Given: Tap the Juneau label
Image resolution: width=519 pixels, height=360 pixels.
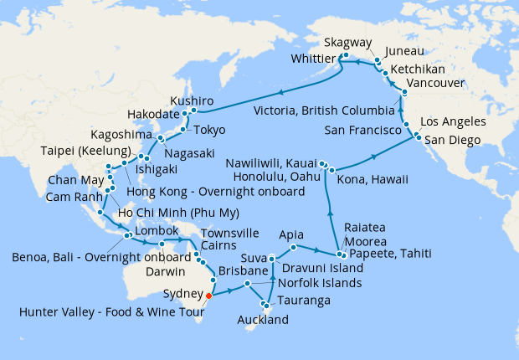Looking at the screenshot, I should [404, 51].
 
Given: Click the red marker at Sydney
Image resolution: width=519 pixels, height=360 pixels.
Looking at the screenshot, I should [208, 295].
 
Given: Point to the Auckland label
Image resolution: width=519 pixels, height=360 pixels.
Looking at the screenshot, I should [262, 320].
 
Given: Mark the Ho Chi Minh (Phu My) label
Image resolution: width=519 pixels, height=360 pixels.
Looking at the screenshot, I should [163, 213].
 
